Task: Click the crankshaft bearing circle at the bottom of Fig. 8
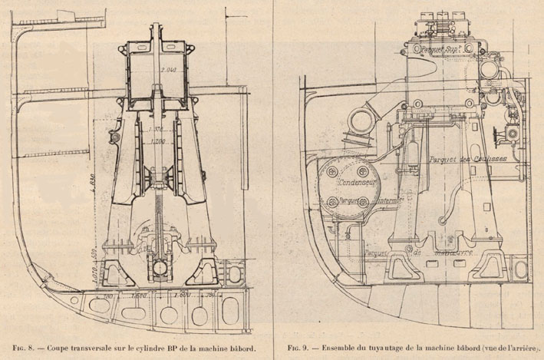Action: [160, 270]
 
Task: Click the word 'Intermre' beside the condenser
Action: [364, 201]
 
